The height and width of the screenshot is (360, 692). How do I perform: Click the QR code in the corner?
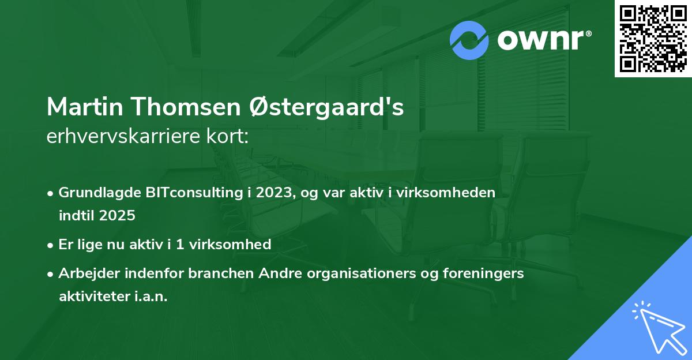tap(653, 38)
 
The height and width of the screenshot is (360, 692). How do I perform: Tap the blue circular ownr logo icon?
tap(469, 40)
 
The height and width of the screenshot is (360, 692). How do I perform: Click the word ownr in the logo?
tap(540, 40)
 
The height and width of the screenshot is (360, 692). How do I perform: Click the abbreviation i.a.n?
tap(151, 297)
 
